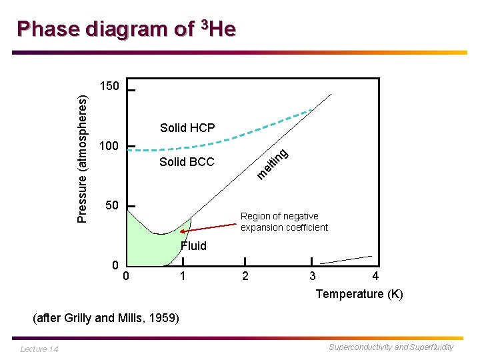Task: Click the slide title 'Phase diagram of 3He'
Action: pos(126,29)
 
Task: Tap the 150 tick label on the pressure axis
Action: pos(109,87)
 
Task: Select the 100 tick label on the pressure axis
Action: pos(109,146)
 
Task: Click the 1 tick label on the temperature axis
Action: pos(181,276)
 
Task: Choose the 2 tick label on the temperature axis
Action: pos(245,276)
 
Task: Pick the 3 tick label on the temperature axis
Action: pos(312,276)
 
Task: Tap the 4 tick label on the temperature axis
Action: pos(375,276)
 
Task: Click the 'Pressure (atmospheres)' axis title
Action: pos(81,159)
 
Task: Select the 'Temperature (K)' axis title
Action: pos(359,294)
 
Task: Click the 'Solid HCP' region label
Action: pos(187,128)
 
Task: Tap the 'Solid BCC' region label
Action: pos(187,162)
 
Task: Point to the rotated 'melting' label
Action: pos(273,165)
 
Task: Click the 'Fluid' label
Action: pos(193,246)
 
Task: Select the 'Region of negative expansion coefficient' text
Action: pos(284,221)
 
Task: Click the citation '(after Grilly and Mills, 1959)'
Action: pos(106,318)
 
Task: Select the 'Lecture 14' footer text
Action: pos(39,349)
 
